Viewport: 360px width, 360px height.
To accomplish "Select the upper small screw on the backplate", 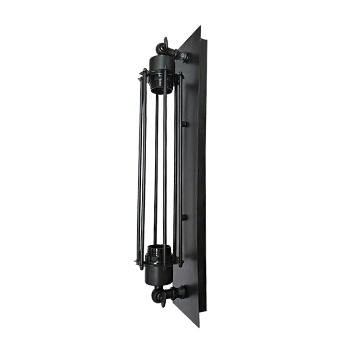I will pyautogui.click(x=184, y=123).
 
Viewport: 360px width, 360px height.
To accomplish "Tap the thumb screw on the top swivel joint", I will pyautogui.click(x=166, y=42).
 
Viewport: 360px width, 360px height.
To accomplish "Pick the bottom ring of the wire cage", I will pyautogui.click(x=158, y=261).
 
